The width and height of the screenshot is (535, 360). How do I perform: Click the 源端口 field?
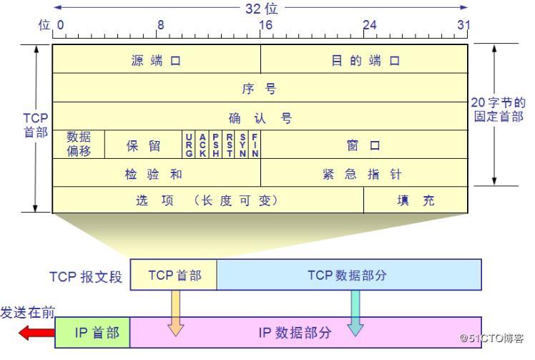point(156,60)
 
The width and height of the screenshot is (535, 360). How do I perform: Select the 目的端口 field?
point(365,60)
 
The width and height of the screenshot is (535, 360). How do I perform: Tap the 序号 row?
point(260,89)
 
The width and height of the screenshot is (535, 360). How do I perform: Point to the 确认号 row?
point(260,117)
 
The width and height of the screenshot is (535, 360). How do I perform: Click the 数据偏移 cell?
point(79,144)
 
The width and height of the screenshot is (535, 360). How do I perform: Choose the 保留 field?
point(143,145)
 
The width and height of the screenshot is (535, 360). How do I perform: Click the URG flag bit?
point(189,145)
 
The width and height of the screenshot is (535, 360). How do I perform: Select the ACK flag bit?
point(202,145)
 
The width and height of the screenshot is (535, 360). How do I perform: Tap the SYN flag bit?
point(243,145)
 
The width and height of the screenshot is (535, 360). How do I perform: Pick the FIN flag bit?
point(255,145)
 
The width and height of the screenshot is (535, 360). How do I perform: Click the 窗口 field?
point(364,145)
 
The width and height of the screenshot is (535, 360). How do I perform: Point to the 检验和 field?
point(156,173)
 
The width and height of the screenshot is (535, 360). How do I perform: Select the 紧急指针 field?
point(364,173)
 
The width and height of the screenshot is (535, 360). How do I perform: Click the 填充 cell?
point(416,200)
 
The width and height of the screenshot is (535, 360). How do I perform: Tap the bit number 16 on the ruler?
point(265,25)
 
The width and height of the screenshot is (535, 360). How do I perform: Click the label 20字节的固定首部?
point(499,110)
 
